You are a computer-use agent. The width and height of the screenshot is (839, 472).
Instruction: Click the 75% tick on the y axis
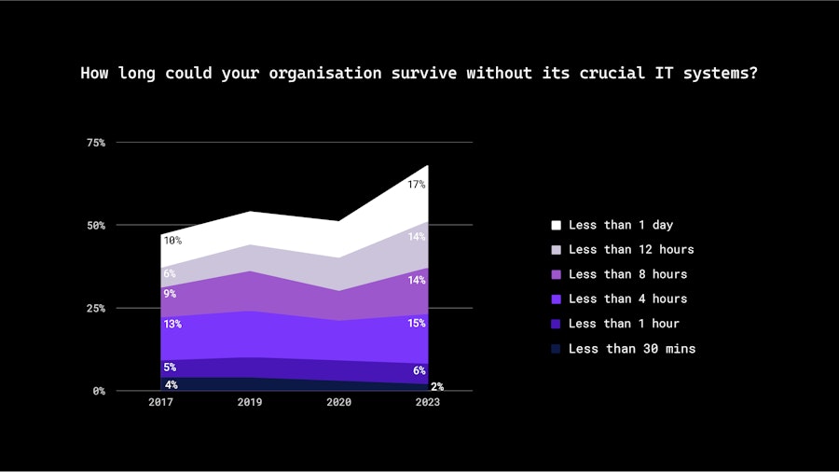(x=96, y=143)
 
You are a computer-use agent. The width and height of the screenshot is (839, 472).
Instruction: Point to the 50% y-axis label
(x=96, y=226)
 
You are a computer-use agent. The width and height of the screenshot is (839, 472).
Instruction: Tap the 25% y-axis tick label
(x=96, y=308)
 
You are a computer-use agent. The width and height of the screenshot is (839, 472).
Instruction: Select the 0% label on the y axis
(x=99, y=391)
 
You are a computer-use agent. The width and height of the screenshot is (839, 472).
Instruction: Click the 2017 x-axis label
(x=160, y=402)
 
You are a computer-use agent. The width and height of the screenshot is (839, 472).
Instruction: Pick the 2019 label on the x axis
(x=250, y=402)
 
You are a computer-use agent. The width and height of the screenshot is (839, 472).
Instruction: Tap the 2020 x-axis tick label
(x=338, y=402)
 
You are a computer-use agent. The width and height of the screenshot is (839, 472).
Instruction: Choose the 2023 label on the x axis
(x=428, y=402)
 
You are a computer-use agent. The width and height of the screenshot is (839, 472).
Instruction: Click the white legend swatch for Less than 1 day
(x=557, y=225)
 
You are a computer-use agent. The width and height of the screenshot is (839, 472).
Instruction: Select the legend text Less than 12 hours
(x=631, y=249)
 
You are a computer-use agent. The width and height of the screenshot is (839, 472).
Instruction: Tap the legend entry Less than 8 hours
(x=627, y=274)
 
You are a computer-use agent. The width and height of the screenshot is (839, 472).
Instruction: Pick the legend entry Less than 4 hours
(x=627, y=298)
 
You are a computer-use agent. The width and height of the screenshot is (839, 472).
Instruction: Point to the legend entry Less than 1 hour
(x=624, y=324)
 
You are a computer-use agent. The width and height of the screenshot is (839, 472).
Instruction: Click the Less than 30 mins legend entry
(x=631, y=349)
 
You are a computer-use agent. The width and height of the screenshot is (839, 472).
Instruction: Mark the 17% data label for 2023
(x=416, y=185)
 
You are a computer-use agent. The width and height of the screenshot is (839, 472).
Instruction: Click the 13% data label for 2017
(x=172, y=325)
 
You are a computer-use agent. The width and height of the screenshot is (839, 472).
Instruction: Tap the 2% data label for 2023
(x=436, y=386)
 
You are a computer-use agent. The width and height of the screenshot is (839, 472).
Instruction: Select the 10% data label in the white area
(x=172, y=241)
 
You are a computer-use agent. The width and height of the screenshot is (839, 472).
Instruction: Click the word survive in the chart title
(x=423, y=73)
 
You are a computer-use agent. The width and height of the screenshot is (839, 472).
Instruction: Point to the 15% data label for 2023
(x=416, y=324)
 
